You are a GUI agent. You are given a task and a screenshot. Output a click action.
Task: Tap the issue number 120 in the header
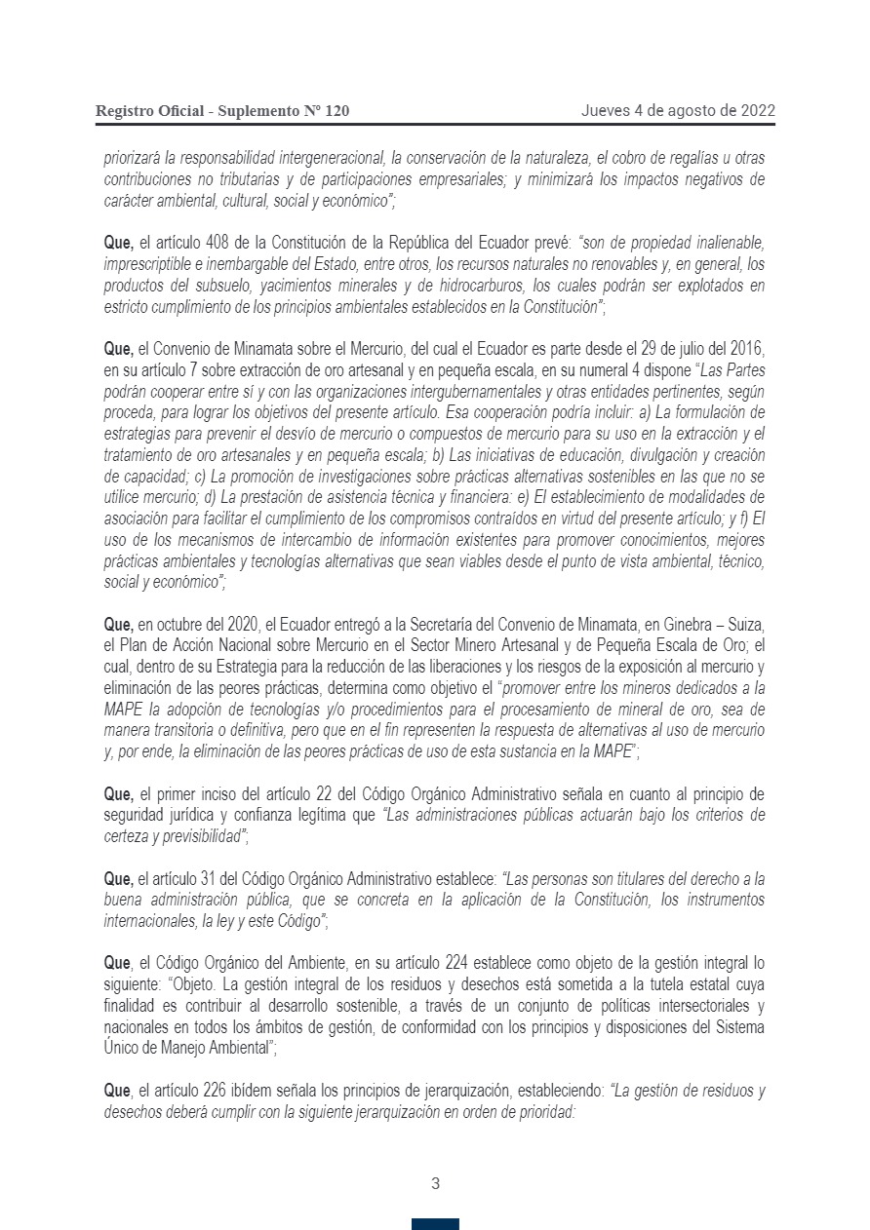coord(336,111)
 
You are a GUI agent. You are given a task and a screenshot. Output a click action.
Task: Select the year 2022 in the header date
coord(757,110)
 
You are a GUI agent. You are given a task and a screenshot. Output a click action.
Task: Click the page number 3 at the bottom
coord(435,1184)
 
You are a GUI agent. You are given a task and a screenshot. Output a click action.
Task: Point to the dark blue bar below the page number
coord(435,1224)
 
